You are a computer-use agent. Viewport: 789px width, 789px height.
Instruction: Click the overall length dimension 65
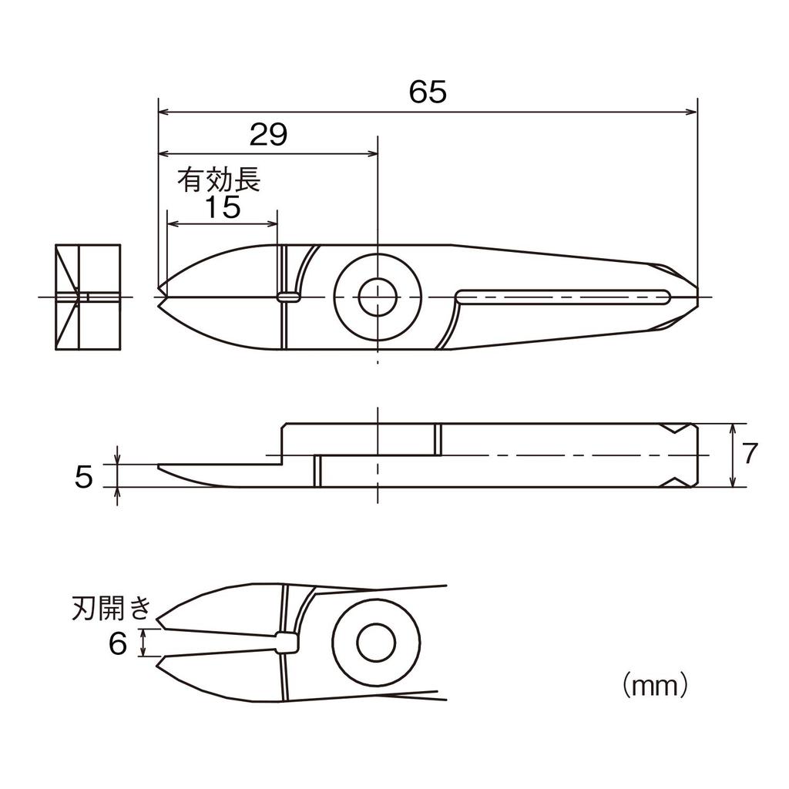pos(428,92)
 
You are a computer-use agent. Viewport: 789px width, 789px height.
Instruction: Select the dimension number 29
pos(268,135)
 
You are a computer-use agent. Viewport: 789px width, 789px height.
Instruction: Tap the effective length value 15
pos(223,207)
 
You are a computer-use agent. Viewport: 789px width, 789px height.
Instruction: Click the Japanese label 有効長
pos(220,180)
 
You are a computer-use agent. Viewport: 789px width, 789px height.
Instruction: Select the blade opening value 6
pos(117,643)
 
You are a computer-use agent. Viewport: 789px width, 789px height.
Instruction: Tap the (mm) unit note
pos(653,683)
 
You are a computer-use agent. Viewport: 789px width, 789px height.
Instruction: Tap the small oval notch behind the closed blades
pos(289,296)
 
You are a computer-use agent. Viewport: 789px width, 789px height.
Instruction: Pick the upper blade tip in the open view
pos(159,623)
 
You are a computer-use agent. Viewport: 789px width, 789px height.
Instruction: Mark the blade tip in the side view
pos(160,467)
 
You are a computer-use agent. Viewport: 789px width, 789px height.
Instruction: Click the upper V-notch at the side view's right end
pos(677,428)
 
